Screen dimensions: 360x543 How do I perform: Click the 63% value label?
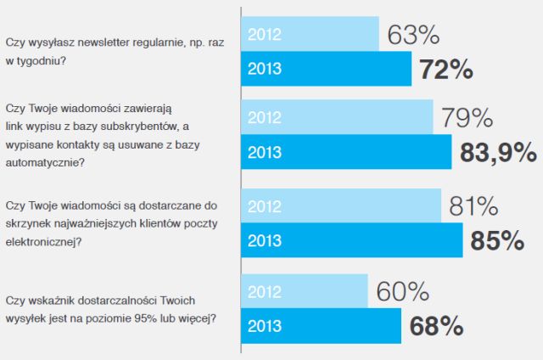(413, 36)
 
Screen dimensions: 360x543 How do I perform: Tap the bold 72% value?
(445, 70)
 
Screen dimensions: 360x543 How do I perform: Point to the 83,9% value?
(498, 152)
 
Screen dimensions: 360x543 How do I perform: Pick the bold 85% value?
(496, 241)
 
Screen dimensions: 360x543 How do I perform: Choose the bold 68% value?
(436, 326)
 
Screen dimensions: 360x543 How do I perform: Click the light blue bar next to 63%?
(311, 35)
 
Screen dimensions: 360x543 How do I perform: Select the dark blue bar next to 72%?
(326, 70)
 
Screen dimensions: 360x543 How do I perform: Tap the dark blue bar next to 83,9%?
(347, 152)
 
